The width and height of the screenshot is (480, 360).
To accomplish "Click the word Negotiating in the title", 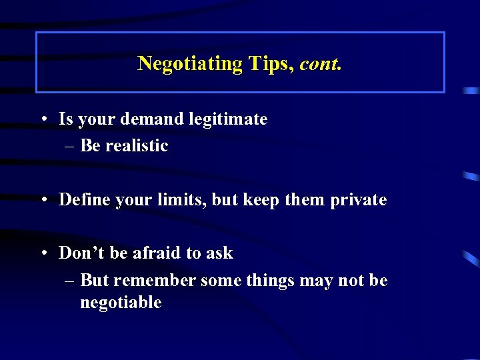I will (x=190, y=64).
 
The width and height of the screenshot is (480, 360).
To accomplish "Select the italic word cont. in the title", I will (x=321, y=64).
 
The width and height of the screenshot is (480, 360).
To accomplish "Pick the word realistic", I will (x=135, y=145).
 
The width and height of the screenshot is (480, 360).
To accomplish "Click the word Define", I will (x=82, y=199).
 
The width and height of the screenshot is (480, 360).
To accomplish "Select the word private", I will (x=359, y=200).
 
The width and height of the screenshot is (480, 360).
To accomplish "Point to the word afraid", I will (x=156, y=253).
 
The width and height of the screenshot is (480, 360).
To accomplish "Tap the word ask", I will (x=219, y=253).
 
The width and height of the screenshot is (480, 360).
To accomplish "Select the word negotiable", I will (x=121, y=303).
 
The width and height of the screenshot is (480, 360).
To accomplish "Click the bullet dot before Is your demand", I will (x=42, y=120).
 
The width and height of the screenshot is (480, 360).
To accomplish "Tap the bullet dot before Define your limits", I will (x=42, y=200).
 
